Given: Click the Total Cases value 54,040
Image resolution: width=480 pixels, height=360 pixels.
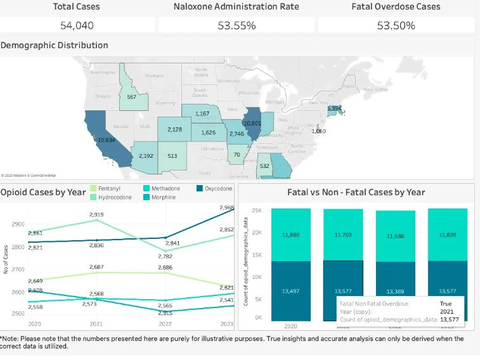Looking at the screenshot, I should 77,25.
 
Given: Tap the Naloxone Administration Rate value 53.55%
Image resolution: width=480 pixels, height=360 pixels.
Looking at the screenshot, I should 237,25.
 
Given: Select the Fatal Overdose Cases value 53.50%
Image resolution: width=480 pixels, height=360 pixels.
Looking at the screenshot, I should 396,25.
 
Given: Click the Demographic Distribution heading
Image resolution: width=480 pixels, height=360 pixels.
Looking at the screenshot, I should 55,46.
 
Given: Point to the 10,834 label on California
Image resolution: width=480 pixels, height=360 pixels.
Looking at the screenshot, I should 106,139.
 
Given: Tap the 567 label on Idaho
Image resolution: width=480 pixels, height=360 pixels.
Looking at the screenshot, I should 131,97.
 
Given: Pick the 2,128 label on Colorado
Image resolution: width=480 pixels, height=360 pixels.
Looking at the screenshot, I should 175,129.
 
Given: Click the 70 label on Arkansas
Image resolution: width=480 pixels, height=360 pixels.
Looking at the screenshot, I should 237,154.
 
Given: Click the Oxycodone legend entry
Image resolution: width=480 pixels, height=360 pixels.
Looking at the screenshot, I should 215,188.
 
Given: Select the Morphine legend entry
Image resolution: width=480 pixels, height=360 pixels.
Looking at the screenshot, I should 162,197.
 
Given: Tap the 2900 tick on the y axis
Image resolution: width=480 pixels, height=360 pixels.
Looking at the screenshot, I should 18,224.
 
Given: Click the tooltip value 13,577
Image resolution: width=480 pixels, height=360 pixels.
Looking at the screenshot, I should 447,319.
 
